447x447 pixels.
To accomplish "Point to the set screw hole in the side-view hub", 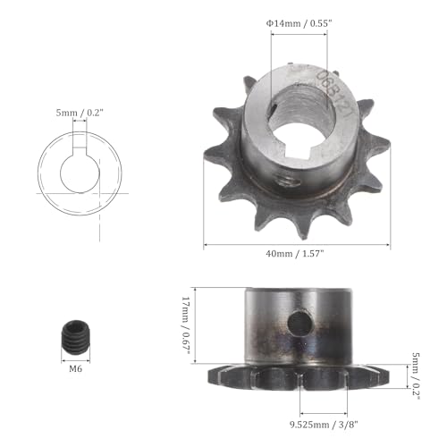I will coord(298,320).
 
